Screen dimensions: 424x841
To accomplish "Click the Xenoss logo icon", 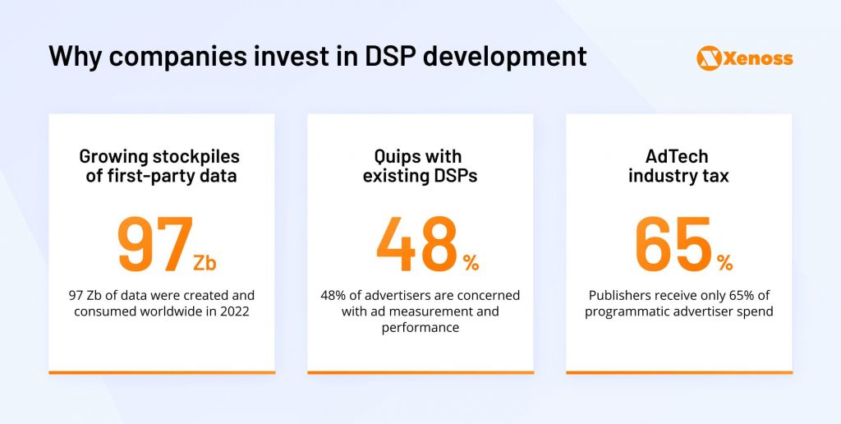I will (x=708, y=58).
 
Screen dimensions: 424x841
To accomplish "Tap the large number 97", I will (x=156, y=244).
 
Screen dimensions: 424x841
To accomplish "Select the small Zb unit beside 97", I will (x=205, y=263).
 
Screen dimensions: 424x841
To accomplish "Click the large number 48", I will (x=416, y=244).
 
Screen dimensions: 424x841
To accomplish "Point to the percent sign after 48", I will (x=471, y=263).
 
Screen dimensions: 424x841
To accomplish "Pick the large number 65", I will (x=673, y=244).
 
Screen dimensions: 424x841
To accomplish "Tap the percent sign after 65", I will (x=724, y=263).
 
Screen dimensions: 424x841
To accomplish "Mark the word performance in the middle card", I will (x=420, y=328).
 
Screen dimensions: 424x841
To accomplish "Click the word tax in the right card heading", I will (x=715, y=175).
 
